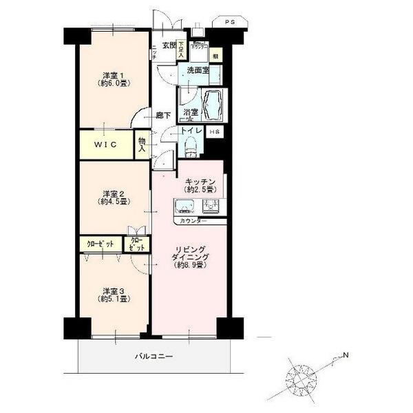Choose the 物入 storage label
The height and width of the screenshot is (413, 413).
(x=142, y=144)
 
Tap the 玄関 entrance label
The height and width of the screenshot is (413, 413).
(x=169, y=47)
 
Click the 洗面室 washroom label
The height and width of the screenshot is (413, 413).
(x=194, y=70)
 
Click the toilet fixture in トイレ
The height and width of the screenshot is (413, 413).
(x=191, y=147)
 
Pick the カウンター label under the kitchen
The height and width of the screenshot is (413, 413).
(x=192, y=222)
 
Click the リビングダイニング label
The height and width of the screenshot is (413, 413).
(x=187, y=256)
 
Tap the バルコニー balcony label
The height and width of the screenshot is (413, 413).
(x=153, y=357)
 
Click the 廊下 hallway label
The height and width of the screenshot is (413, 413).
(x=162, y=116)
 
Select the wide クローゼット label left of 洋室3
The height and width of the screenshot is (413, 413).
(x=100, y=244)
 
